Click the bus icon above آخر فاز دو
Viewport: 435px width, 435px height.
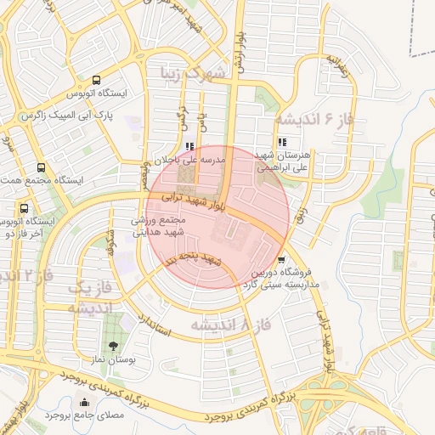pos(24,207)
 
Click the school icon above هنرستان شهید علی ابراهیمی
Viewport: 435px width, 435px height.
pos(281,142)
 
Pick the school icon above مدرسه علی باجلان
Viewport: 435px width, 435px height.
pos(189,145)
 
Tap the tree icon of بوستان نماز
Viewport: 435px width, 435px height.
pos(112,346)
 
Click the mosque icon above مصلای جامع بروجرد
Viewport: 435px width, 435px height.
pos(83,403)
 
